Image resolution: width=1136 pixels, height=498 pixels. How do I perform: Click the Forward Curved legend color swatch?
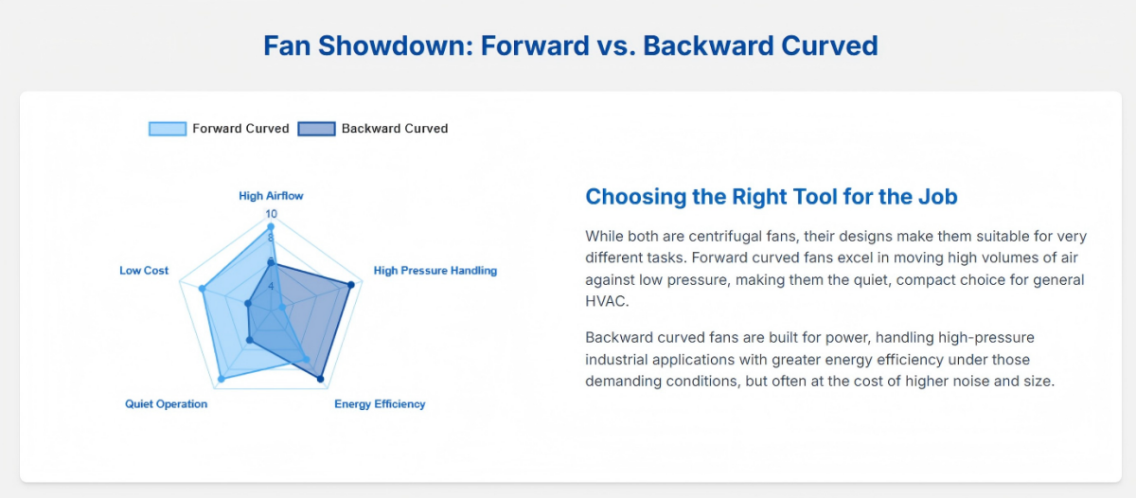coord(168,129)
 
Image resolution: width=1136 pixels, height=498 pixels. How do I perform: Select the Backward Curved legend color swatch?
coord(316,129)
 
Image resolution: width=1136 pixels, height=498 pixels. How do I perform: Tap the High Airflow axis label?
coord(271,196)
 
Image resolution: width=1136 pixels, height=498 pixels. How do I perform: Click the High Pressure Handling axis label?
coord(435,270)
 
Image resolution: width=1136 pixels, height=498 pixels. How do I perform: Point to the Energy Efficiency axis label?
coord(380,404)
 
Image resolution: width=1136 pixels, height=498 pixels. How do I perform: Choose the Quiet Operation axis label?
coord(166,404)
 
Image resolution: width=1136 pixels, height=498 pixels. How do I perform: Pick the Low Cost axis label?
coord(144,270)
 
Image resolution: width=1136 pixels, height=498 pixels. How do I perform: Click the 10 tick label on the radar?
coord(272,214)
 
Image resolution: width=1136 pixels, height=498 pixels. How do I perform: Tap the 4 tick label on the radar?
coord(272,286)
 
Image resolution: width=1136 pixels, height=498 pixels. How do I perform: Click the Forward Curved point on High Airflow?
coord(271,226)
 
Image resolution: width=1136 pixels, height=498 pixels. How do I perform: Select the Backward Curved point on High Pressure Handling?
coord(351,285)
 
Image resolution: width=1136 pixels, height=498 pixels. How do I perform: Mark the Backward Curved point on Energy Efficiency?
coord(320,379)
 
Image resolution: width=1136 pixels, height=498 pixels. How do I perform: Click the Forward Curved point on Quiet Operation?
coord(222,379)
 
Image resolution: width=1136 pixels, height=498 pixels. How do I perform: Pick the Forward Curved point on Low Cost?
coord(202,289)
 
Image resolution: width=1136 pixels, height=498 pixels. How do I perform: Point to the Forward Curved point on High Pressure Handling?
coord(282,308)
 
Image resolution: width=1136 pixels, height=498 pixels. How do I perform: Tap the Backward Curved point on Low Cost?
coord(248,304)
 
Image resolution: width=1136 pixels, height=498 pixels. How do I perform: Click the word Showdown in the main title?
coord(396,45)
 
